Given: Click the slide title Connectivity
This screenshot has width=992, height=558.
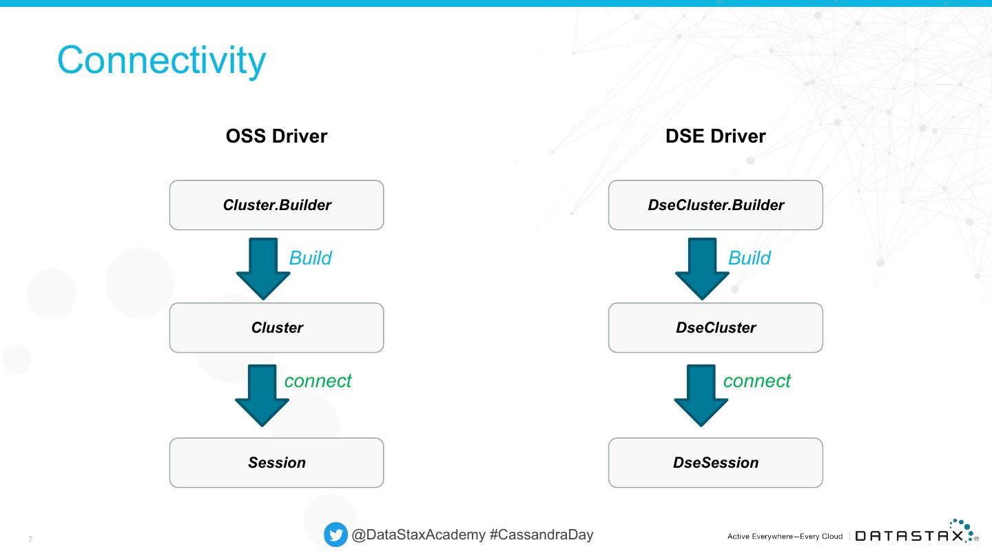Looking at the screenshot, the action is click(161, 60).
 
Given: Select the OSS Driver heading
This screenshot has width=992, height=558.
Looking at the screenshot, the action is click(276, 136).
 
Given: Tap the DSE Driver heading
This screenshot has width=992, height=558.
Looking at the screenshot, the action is click(715, 136).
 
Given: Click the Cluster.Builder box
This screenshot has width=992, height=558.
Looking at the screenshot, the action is click(276, 205).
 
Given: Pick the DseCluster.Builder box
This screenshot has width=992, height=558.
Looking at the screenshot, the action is click(715, 205).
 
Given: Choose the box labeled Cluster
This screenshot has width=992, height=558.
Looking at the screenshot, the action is click(276, 327).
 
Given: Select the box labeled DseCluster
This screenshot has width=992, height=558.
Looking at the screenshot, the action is click(715, 327).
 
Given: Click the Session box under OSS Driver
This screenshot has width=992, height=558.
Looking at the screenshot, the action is click(276, 462).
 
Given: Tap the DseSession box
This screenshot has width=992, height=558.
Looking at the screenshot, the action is click(715, 462).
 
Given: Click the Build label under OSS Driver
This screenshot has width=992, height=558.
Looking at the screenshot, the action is click(310, 258).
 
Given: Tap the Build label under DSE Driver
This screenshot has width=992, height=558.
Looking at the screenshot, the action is click(749, 258).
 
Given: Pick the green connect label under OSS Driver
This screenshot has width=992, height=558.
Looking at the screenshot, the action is click(318, 380).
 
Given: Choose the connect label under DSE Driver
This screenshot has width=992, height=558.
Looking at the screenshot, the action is click(756, 380).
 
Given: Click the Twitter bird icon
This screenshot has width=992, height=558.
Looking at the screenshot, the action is click(335, 535).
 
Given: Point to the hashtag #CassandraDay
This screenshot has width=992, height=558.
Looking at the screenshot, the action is click(541, 535).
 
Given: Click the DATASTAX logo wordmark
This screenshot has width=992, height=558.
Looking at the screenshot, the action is click(909, 536).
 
